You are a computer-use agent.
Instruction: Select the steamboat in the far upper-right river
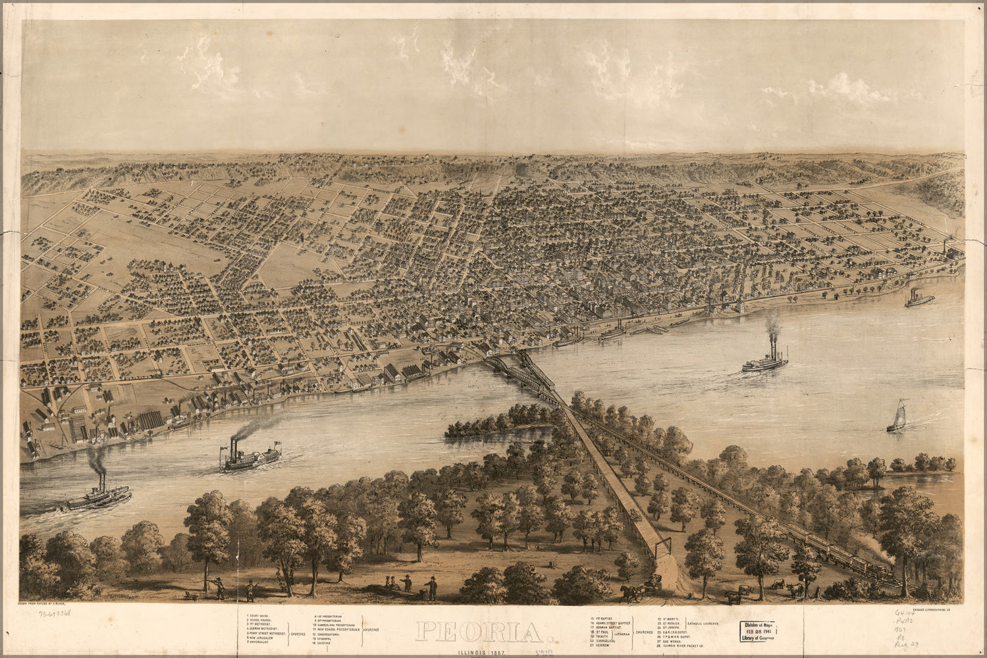click(x=919, y=299)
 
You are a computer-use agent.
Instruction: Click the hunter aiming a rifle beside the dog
click(x=218, y=587)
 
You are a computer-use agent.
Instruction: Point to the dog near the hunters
click(x=191, y=595)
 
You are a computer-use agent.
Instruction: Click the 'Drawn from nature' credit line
click(x=51, y=603)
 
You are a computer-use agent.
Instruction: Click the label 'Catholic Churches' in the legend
click(x=708, y=623)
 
